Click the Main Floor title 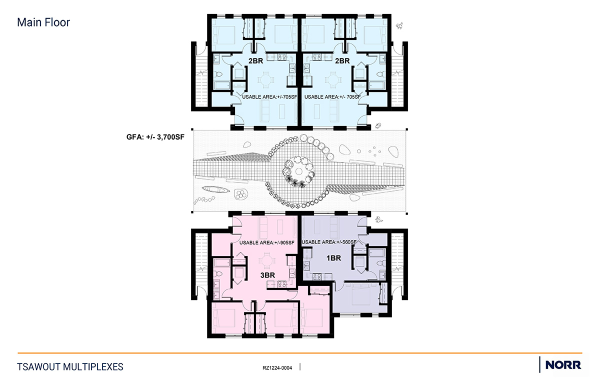(43, 22)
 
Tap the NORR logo (563, 365)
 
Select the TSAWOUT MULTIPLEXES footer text (70, 367)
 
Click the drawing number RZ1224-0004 (277, 368)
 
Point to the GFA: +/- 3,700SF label (155, 137)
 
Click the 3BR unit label (267, 275)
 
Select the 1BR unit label (333, 258)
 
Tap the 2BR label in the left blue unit (255, 61)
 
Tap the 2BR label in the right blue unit (342, 61)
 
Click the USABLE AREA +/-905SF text (267, 243)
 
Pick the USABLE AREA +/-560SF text (329, 242)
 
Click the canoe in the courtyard (216, 189)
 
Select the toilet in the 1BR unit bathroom (380, 262)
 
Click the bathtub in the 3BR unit (221, 262)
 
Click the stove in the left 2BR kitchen (282, 57)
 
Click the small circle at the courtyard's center (299, 171)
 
